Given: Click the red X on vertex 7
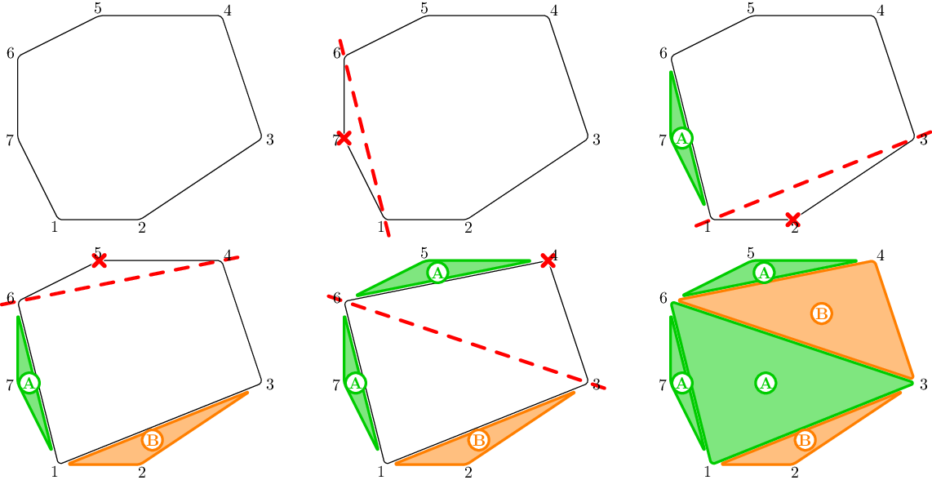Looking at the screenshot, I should click(x=344, y=138).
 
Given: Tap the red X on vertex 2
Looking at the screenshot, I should click(x=792, y=219).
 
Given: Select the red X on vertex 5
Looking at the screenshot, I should click(x=99, y=260).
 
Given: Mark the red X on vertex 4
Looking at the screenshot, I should click(x=548, y=260).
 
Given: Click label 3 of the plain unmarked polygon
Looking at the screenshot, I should click(x=269, y=140).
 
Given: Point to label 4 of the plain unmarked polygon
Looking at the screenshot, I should click(x=228, y=11).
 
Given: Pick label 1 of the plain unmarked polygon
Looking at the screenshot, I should click(x=54, y=227).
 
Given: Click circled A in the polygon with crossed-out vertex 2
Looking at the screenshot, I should click(x=682, y=138).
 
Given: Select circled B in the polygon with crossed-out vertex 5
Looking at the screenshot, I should click(x=152, y=440).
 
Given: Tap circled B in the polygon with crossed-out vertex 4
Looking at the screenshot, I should click(x=478, y=440).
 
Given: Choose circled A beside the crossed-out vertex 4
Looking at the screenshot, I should click(x=437, y=273).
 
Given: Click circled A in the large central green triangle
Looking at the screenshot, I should click(x=765, y=382).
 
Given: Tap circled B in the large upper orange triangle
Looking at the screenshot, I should click(x=822, y=313).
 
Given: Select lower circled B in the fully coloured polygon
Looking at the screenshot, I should click(x=805, y=440).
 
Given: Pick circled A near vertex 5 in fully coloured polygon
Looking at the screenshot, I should click(x=764, y=273).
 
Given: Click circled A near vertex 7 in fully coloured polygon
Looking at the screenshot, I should click(x=682, y=382).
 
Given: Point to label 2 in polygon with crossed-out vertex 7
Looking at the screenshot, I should click(x=468, y=227).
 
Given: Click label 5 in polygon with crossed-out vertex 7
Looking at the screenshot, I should click(x=424, y=8).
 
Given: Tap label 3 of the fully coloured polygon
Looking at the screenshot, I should click(x=923, y=384).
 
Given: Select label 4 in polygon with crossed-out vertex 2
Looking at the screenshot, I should click(x=881, y=11).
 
